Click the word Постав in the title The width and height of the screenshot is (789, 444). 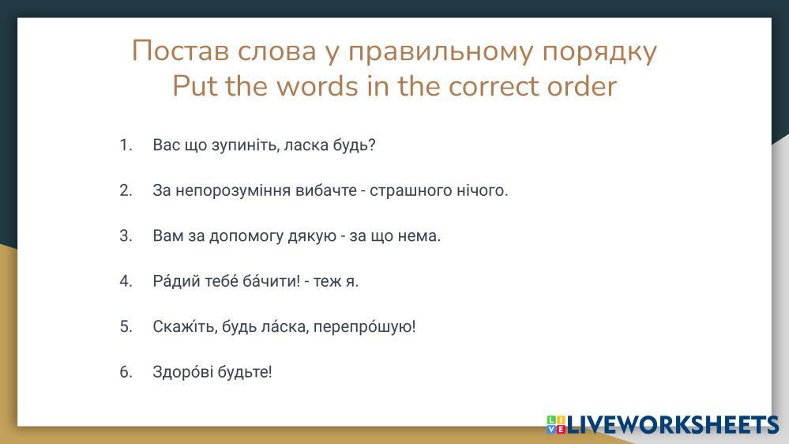click(x=181, y=51)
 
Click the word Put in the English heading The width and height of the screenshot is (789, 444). click(x=195, y=86)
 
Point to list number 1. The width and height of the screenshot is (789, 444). click(x=126, y=145)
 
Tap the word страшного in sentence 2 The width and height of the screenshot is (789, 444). click(x=411, y=190)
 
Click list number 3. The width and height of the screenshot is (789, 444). click(x=126, y=235)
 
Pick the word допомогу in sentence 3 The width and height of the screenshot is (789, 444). click(x=246, y=236)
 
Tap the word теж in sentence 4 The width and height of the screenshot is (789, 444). click(x=327, y=281)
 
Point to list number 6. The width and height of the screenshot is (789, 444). click(x=126, y=371)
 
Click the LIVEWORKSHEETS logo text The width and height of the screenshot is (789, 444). click(x=672, y=425)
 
